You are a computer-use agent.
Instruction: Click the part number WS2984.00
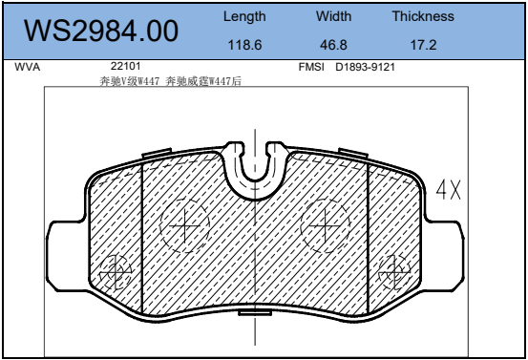click(x=101, y=31)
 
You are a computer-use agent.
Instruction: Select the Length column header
click(x=244, y=16)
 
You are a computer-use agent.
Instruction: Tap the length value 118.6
click(x=244, y=45)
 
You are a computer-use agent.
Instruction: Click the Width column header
click(x=333, y=16)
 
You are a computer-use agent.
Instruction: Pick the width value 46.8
click(x=333, y=45)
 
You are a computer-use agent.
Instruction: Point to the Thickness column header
click(x=423, y=16)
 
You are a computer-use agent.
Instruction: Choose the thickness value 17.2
click(x=423, y=45)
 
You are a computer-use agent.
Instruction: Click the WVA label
click(x=28, y=67)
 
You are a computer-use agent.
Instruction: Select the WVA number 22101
click(x=125, y=66)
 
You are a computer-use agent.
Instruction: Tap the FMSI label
click(x=311, y=67)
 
